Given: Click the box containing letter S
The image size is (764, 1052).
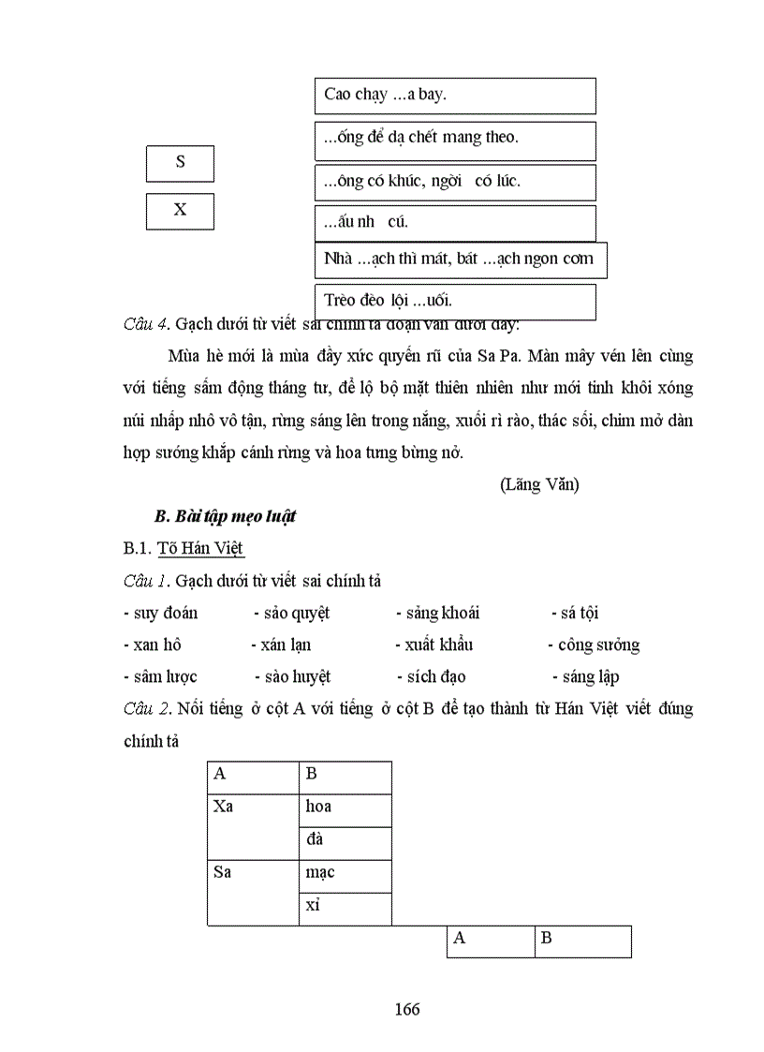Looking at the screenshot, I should point(180,163).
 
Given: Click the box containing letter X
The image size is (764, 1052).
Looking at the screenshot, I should point(180,211).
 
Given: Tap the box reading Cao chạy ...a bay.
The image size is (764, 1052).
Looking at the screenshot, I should point(455,95).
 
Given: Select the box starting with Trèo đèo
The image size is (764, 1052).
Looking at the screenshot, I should point(455,302).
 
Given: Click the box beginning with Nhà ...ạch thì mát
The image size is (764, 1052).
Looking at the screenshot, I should point(460,259).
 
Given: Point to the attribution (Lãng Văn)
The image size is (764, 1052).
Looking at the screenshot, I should point(539,484).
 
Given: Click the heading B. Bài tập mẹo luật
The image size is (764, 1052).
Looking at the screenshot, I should point(225,517).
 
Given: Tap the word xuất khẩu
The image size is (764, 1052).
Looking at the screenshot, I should point(438,645).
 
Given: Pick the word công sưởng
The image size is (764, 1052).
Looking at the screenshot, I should point(598,645).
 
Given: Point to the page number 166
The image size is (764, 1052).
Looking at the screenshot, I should point(407,1009).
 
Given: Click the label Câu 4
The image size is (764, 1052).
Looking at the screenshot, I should point(144,324).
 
